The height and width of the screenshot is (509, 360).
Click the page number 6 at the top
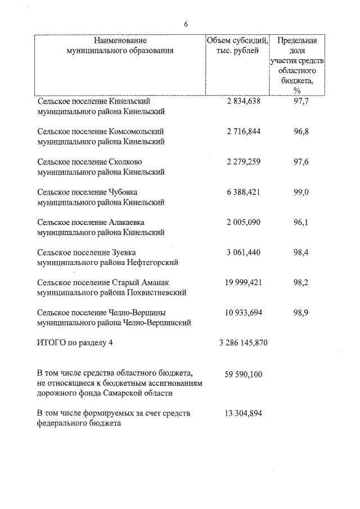click(186, 24)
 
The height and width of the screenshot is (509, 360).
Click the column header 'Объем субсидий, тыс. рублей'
click(237, 46)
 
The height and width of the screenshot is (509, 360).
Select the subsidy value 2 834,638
click(244, 101)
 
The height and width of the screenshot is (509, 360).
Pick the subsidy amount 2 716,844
click(244, 132)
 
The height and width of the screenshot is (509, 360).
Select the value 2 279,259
click(244, 162)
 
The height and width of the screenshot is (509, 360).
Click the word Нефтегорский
click(154, 263)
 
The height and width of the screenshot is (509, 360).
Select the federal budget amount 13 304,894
click(243, 413)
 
